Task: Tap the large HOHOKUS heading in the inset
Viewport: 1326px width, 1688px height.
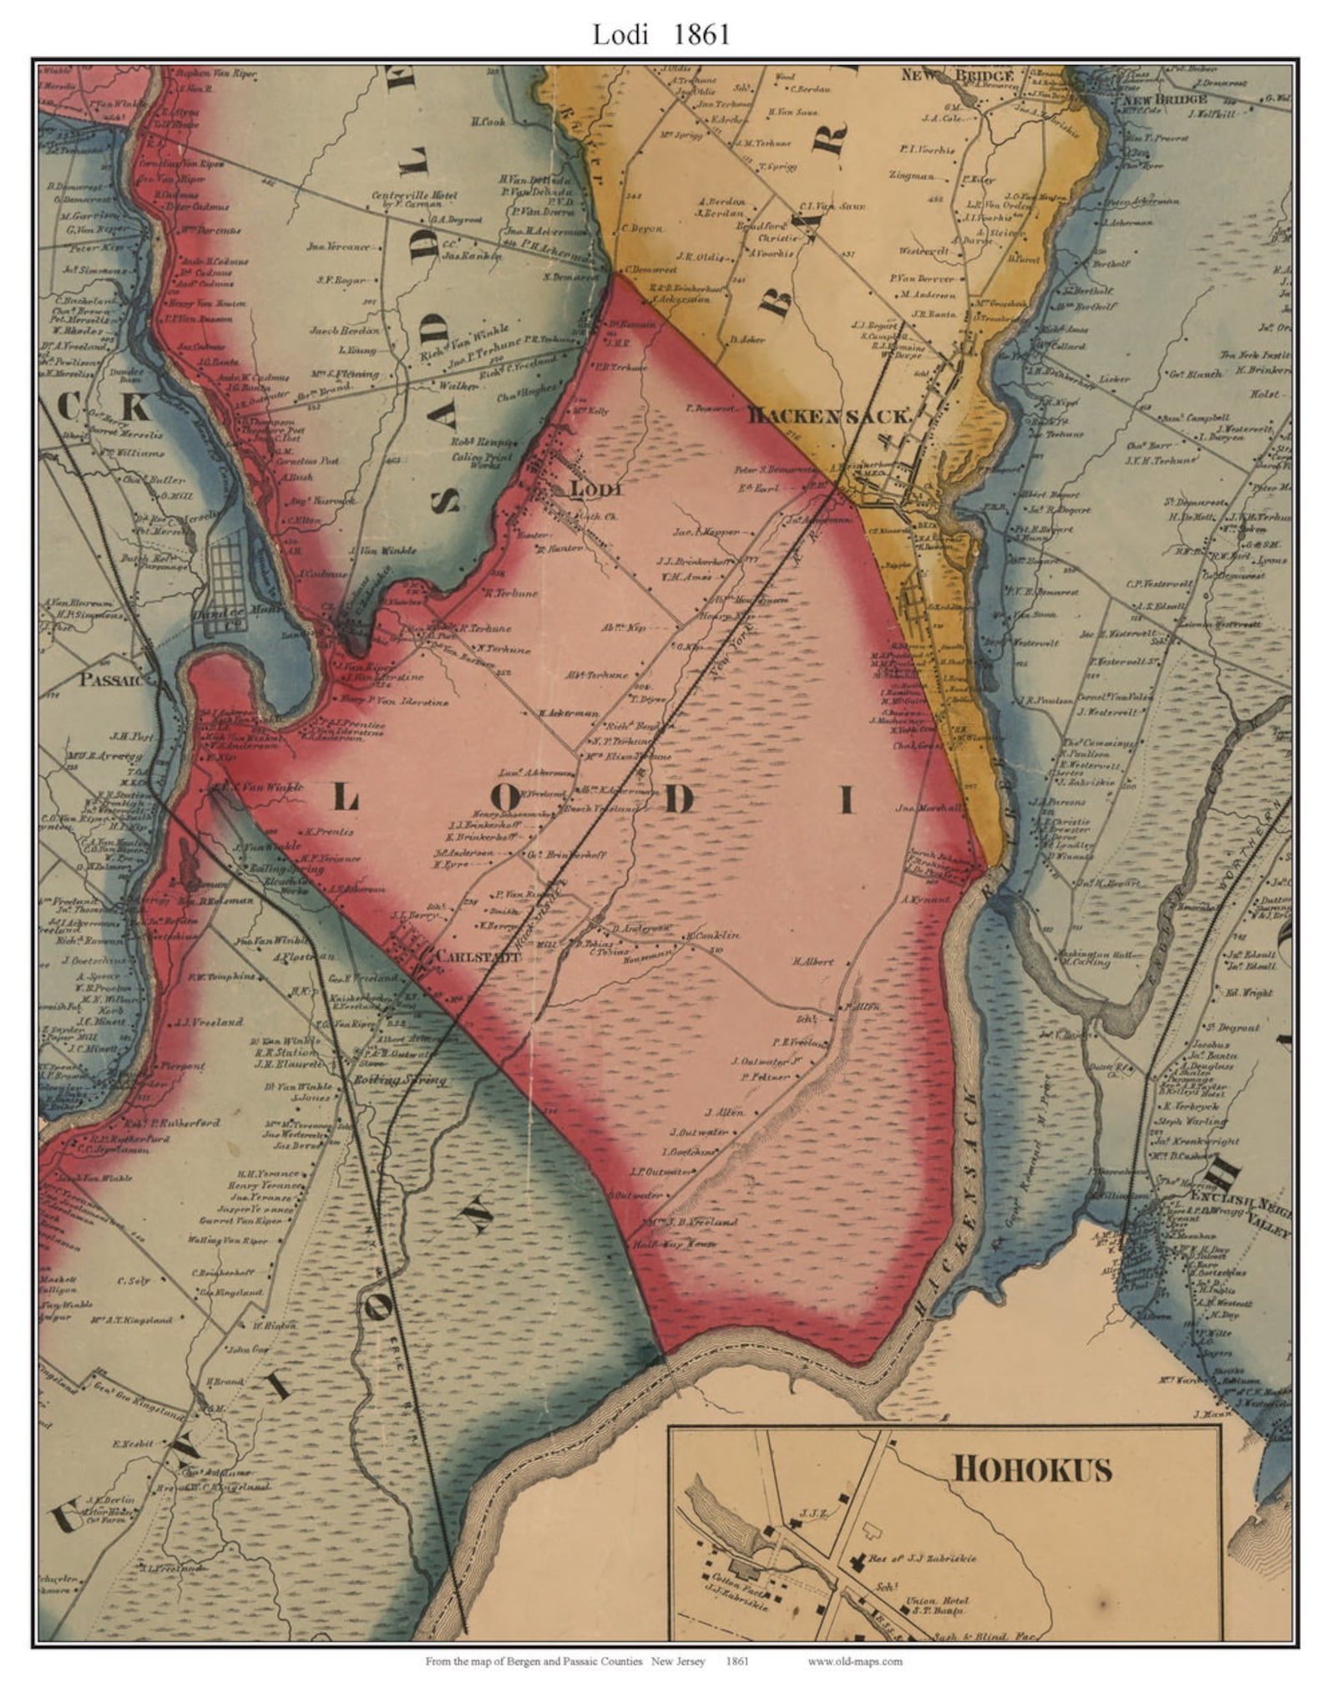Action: [1032, 1467]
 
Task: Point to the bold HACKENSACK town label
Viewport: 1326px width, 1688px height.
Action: [827, 414]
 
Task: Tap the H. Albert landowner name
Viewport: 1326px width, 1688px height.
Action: [812, 961]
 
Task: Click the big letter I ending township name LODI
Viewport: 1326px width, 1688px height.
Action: [846, 801]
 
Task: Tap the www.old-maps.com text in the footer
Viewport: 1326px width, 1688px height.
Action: [854, 1661]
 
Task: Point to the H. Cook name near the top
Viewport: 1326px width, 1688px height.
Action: [488, 122]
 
